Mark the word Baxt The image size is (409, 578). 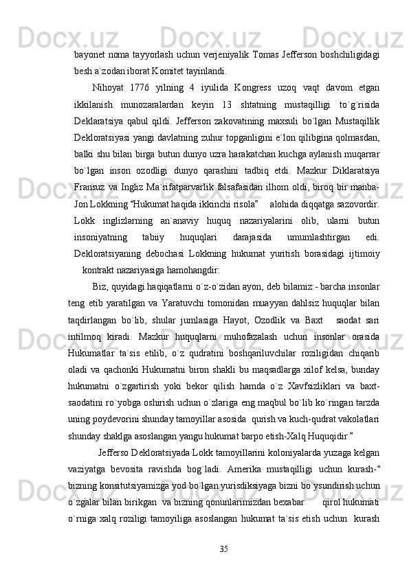[x=311, y=321]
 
